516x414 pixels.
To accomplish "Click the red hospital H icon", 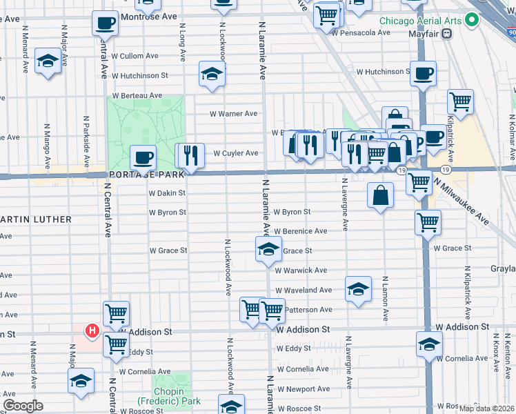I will [91, 333].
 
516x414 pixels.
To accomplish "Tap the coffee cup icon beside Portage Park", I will [143, 158].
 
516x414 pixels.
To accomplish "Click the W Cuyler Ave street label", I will [235, 153].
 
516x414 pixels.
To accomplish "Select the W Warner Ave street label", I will [233, 114].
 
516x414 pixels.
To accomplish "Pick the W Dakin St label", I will [168, 193].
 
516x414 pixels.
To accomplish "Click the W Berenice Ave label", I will [300, 231].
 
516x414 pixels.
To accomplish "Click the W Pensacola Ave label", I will [361, 32].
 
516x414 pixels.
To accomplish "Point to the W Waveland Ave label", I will [304, 290].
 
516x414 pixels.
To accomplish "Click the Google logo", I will [23, 406].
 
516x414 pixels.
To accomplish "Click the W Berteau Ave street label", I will [138, 95].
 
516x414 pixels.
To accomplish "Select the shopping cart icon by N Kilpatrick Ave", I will [460, 102].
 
